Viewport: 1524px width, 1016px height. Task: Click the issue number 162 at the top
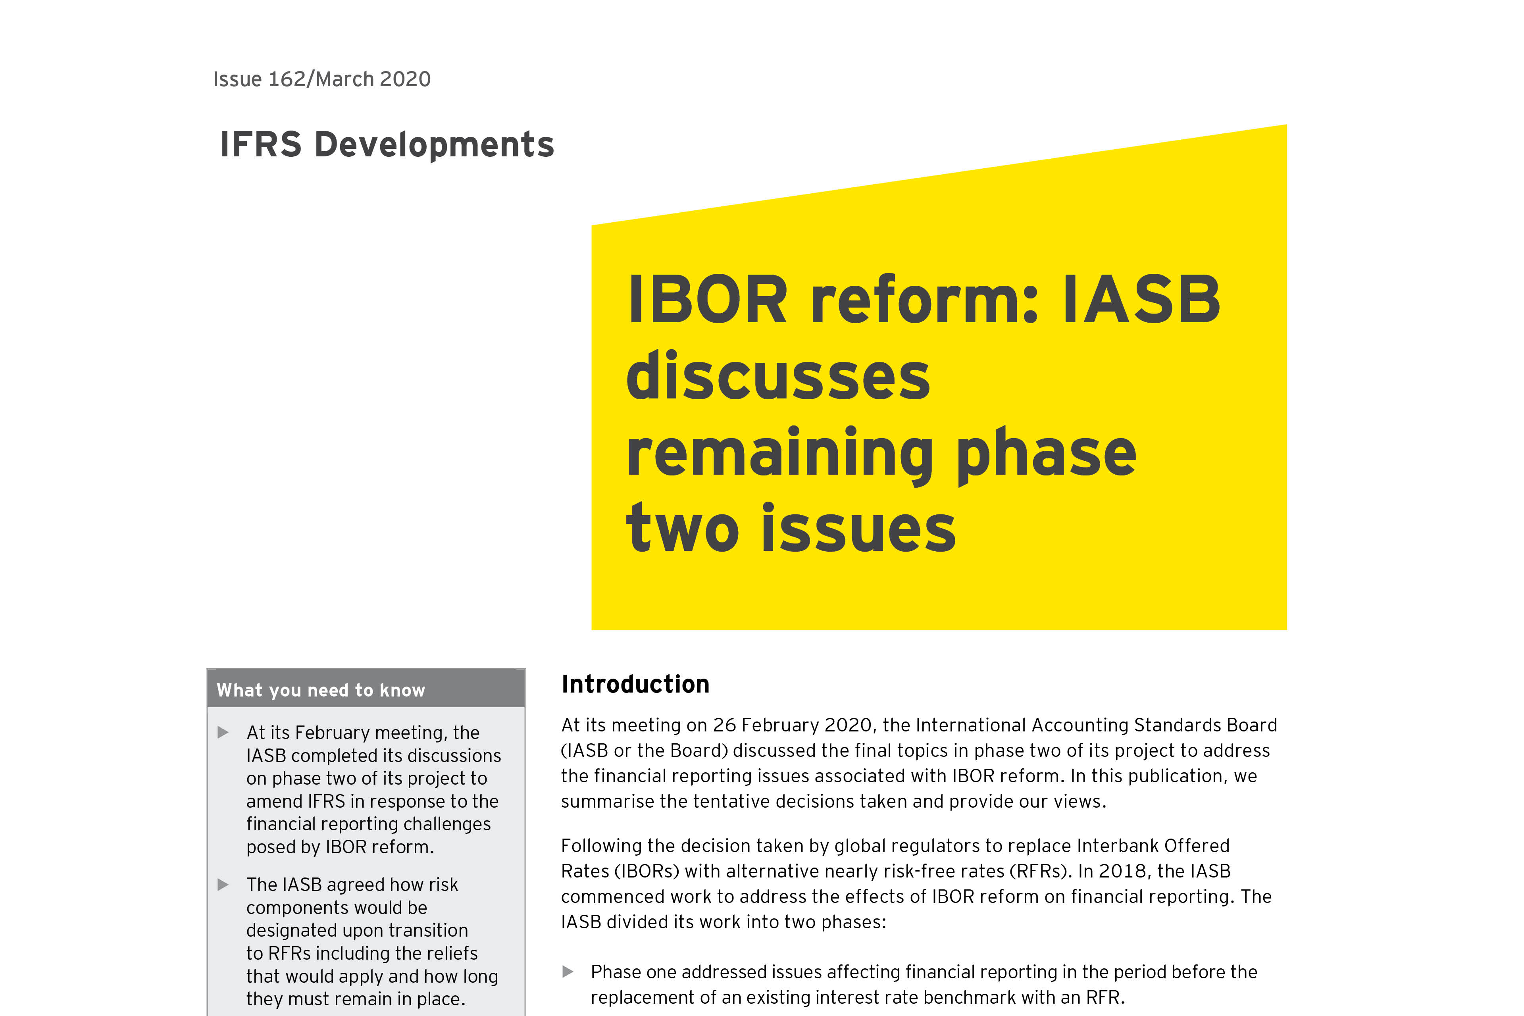pos(287,79)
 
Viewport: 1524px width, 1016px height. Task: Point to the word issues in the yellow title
pos(858,528)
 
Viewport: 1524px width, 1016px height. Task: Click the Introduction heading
pos(635,684)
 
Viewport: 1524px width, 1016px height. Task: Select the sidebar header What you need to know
pos(321,690)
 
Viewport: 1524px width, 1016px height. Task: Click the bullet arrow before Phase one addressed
pos(568,971)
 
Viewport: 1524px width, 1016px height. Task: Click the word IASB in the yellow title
pos(1142,300)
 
